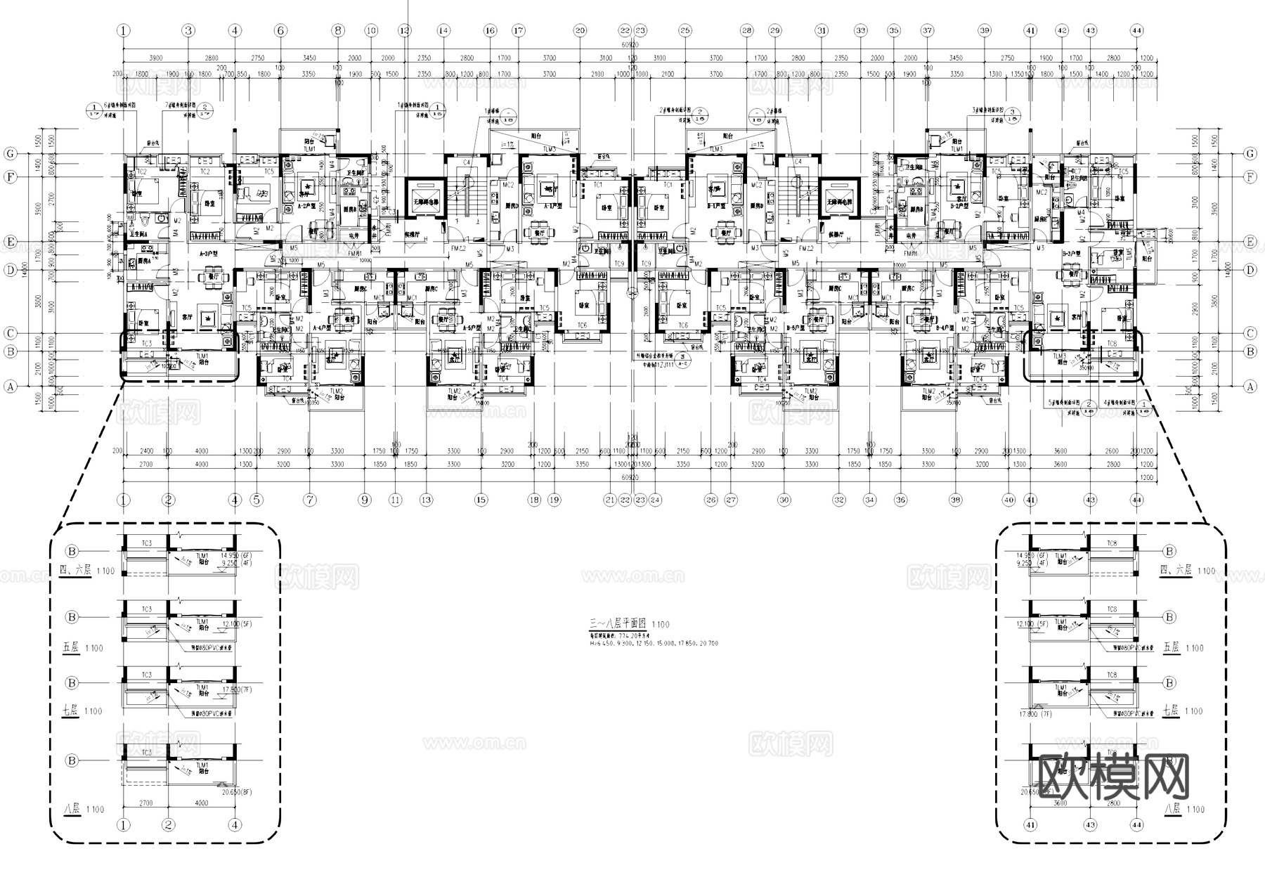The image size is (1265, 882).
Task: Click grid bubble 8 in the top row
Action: pyautogui.click(x=339, y=30)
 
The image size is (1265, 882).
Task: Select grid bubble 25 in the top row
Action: pyautogui.click(x=685, y=30)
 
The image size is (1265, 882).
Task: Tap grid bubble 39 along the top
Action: pyautogui.click(x=985, y=30)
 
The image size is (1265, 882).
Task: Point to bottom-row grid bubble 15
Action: pyautogui.click(x=481, y=500)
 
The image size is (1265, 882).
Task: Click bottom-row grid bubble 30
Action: pyautogui.click(x=784, y=500)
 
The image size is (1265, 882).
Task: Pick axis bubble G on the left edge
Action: pyautogui.click(x=10, y=153)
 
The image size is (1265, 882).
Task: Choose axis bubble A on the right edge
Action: pyautogui.click(x=1250, y=386)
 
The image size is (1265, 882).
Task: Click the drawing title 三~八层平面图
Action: pyautogui.click(x=619, y=623)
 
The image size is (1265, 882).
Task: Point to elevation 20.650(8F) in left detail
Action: pyautogui.click(x=236, y=792)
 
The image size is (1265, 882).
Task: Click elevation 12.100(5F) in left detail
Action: pyautogui.click(x=236, y=624)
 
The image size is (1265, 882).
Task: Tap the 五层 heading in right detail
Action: pyautogui.click(x=1171, y=647)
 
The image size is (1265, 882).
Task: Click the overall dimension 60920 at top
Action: pyautogui.click(x=630, y=44)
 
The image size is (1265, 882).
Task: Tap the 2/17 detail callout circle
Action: pyautogui.click(x=206, y=110)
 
